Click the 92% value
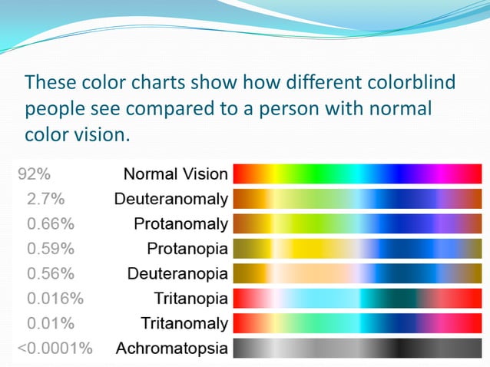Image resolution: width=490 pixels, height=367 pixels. coord(34,174)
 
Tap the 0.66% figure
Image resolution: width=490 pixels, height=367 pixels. coord(51,224)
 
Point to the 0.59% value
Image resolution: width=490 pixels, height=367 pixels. coord(51,249)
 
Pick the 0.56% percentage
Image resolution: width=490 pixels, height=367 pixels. coord(51,273)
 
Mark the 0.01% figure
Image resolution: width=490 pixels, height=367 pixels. coord(51,322)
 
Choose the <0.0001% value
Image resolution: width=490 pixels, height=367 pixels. coord(55,348)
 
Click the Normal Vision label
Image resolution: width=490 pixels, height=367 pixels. coord(176,174)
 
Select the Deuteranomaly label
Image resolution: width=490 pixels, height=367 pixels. coord(171,200)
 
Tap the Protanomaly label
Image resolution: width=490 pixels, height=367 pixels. coord(180,224)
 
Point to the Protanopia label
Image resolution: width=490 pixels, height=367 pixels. coord(187,249)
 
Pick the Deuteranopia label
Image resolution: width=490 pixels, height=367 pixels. coord(177,273)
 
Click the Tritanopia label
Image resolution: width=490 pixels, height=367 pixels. coord(190,298)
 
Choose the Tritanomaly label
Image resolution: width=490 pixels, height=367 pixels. coord(184,322)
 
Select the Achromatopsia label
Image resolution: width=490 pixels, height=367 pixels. coord(171,348)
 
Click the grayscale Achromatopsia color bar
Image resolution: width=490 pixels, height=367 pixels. coord(356,348)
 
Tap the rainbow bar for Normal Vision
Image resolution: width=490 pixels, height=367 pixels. coord(356,174)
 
